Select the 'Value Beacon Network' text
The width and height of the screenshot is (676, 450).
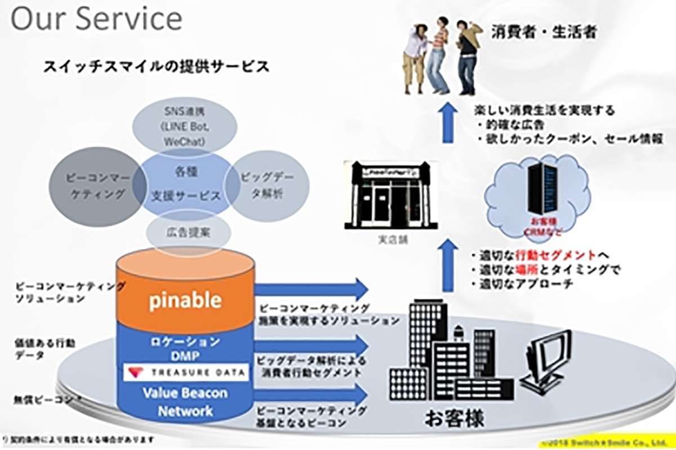click(x=185, y=402)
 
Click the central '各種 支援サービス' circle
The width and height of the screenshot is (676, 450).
click(x=184, y=182)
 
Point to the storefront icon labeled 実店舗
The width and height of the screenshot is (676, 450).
click(x=390, y=195)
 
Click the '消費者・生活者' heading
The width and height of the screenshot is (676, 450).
click(x=543, y=31)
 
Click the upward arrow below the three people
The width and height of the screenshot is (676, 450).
click(x=448, y=123)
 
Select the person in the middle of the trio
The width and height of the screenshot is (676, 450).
click(x=437, y=56)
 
